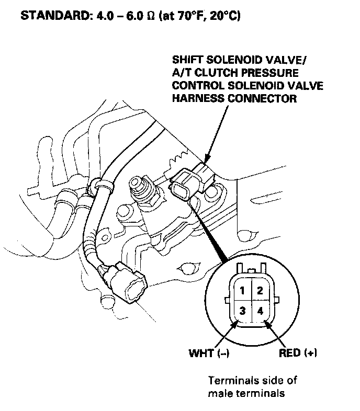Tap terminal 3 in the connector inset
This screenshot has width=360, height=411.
pos(243,311)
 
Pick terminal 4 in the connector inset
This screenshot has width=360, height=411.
pos(260,311)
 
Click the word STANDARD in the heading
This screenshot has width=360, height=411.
pos(49,16)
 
